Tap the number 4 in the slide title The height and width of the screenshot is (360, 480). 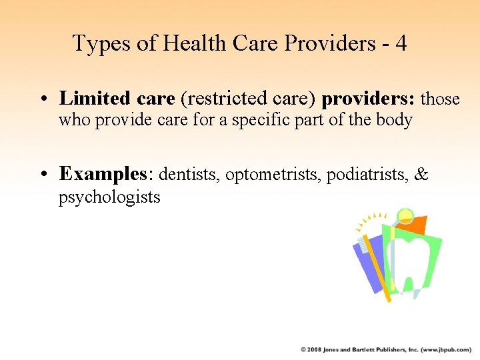coord(400,43)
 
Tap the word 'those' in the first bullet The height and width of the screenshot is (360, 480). coord(441,99)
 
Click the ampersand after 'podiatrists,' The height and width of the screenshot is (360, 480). coord(421,175)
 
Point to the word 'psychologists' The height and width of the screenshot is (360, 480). coord(109,197)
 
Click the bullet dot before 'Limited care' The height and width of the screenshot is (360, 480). coord(43,100)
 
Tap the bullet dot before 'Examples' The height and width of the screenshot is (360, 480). coord(43,175)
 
